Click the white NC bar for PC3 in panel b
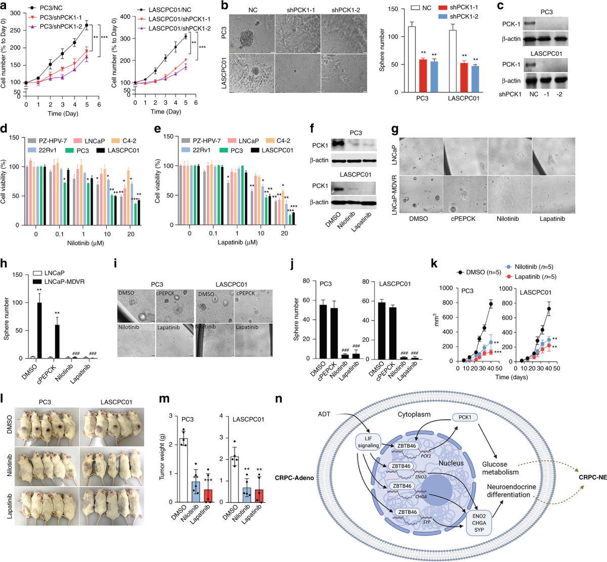click(412, 59)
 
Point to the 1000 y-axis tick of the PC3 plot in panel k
click(446, 289)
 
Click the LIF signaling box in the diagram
click(368, 442)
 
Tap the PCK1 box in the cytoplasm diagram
click(464, 417)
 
